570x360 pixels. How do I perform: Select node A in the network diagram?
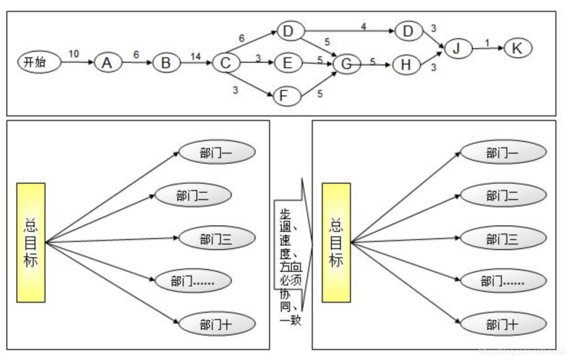pyautogui.click(x=108, y=63)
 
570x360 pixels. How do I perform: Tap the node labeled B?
pyautogui.click(x=166, y=63)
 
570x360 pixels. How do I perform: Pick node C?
pyautogui.click(x=226, y=63)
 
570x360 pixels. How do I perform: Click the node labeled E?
pyautogui.click(x=287, y=63)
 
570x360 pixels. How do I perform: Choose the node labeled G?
pyautogui.click(x=347, y=64)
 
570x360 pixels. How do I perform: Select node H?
pyautogui.click(x=405, y=64)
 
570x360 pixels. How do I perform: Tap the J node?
pyautogui.click(x=458, y=49)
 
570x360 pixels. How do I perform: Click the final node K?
pyautogui.click(x=517, y=48)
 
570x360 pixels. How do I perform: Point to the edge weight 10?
pyautogui.click(x=74, y=53)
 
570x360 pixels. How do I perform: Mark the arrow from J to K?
pyautogui.click(x=487, y=49)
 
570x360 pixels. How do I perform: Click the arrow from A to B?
pyautogui.click(x=137, y=63)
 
